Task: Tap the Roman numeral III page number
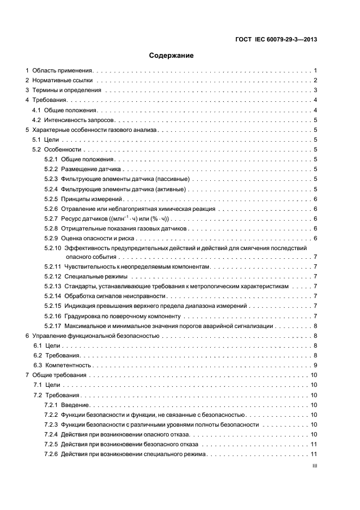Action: pos(314,466)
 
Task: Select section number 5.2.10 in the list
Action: pos(53,248)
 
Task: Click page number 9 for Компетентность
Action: pos(315,365)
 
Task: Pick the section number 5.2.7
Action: pos(51,218)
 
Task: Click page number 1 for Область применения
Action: pos(315,70)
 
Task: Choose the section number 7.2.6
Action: pos(51,454)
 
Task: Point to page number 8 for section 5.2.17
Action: pos(315,326)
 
